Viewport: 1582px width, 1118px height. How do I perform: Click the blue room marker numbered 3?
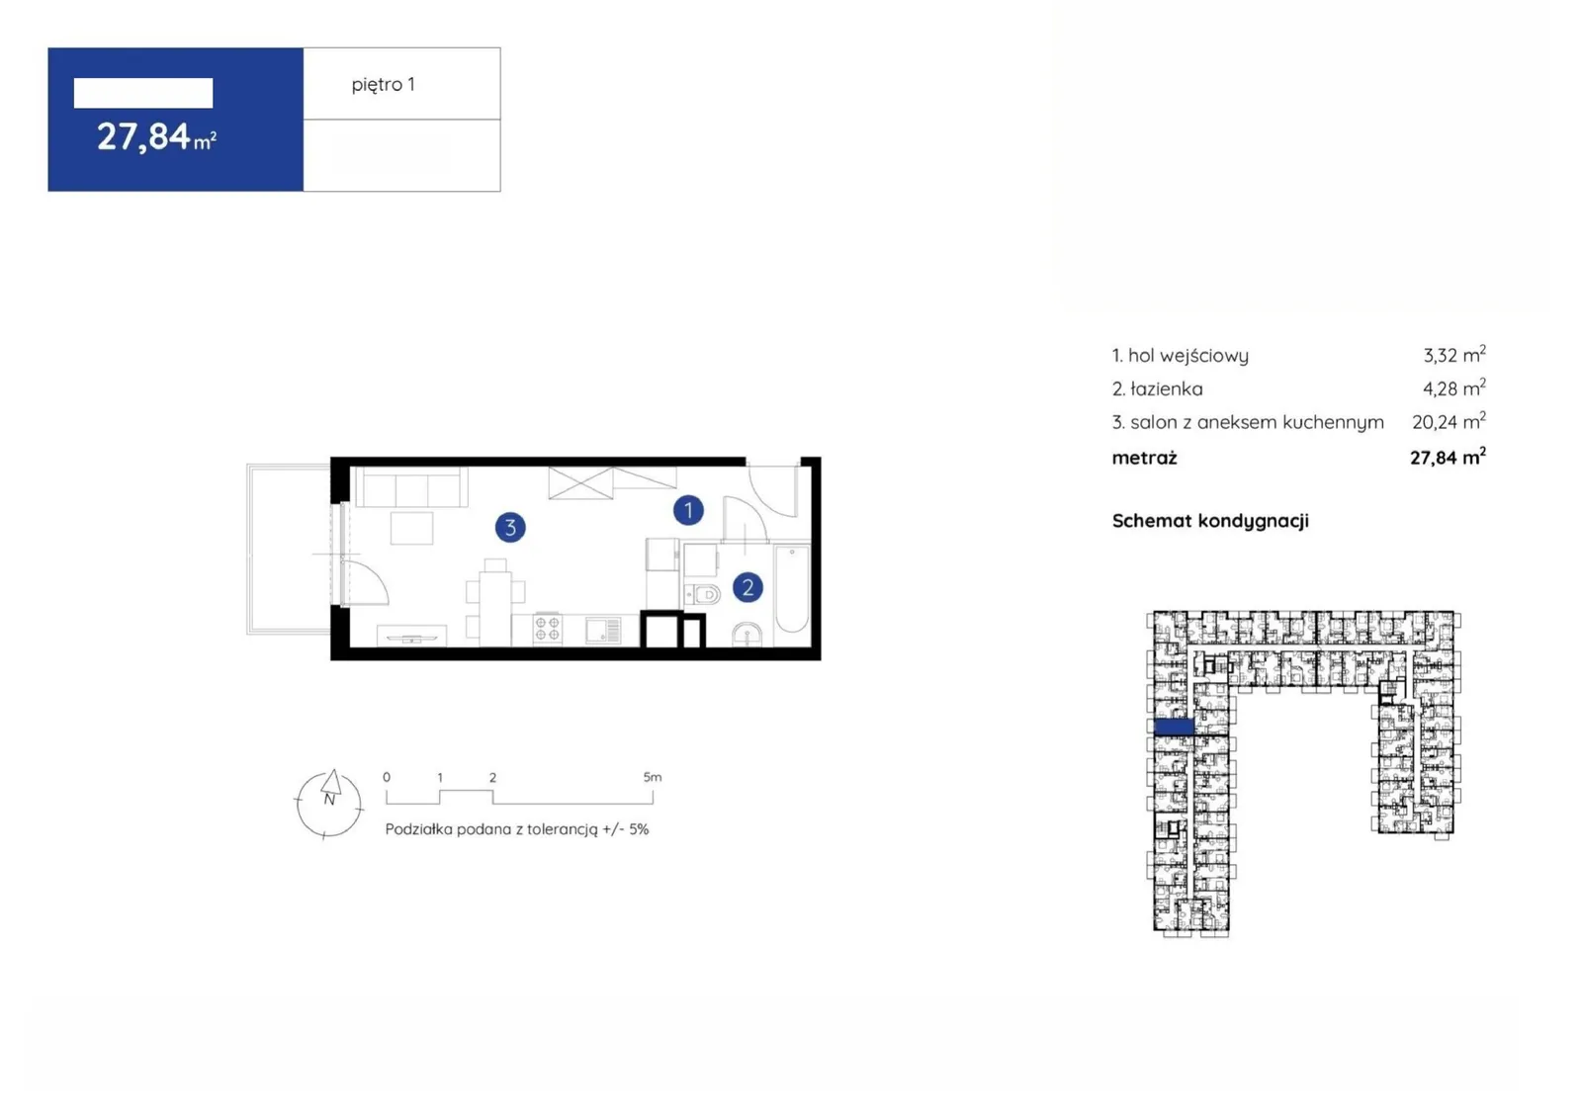[510, 527]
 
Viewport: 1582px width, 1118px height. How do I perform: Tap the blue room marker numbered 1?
[688, 510]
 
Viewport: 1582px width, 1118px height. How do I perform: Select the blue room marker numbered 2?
[747, 587]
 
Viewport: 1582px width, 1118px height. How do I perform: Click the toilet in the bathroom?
[702, 595]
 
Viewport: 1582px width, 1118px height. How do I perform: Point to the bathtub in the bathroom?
[792, 589]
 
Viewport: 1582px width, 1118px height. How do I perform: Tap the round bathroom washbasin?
[747, 635]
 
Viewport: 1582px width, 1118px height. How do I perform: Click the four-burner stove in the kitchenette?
[548, 629]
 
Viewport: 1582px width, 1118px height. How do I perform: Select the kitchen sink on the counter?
[602, 630]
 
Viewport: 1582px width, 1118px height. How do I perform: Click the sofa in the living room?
[411, 486]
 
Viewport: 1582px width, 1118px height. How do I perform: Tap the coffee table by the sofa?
[411, 528]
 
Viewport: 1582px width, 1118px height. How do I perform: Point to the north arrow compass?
[328, 804]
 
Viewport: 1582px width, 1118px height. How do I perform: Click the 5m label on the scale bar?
[652, 777]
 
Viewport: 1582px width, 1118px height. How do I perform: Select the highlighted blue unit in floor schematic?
[1173, 726]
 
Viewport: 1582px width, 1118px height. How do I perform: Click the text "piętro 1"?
[383, 85]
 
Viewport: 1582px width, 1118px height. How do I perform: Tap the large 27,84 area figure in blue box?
[143, 136]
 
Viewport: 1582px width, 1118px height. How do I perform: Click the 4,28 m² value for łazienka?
[1453, 387]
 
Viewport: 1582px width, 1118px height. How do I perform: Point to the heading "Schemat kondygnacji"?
[1210, 521]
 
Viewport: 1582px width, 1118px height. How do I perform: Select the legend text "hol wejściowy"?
[1187, 355]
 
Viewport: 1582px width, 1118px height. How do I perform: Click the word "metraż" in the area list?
[1144, 458]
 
